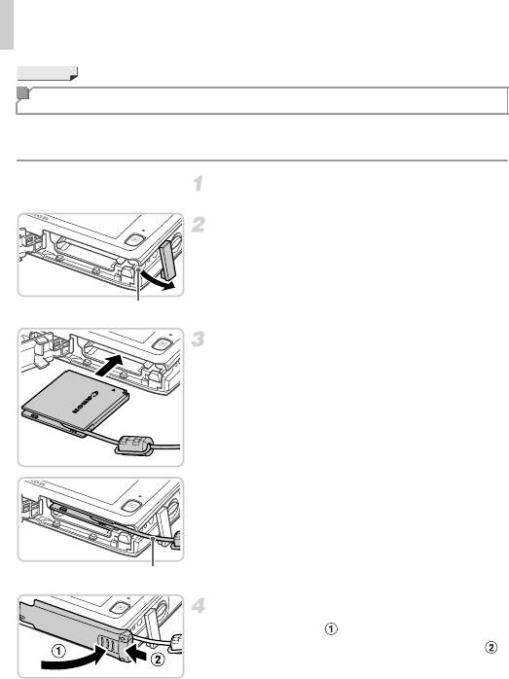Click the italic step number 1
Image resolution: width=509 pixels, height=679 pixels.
198,184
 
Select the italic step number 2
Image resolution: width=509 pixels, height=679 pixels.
199,225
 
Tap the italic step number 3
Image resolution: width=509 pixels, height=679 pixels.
199,339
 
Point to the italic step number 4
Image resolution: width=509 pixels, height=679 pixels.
199,605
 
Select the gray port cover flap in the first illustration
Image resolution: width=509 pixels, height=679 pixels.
167,260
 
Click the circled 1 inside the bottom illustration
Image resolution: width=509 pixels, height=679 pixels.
59,651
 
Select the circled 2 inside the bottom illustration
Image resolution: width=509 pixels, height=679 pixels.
158,660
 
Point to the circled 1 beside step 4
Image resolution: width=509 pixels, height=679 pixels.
331,628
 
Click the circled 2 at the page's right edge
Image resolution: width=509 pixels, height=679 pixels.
491,647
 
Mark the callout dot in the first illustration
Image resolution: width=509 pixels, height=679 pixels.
138,269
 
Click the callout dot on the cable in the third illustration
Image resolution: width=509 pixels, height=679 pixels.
153,537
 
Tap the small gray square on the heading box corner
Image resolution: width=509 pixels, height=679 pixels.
22,93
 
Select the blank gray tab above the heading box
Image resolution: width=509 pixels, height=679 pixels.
48,73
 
